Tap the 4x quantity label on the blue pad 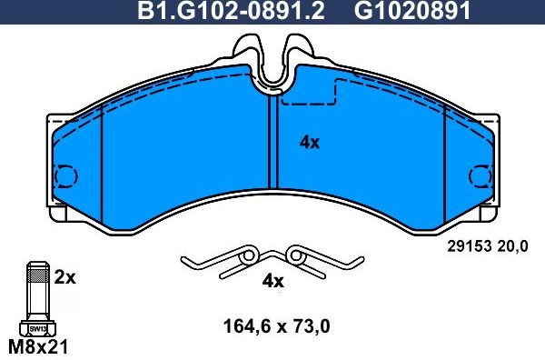coord(310,142)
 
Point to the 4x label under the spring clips coord(272,281)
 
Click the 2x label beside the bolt coord(64,277)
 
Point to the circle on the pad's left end coord(65,176)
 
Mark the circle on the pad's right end coord(480,176)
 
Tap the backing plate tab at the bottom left coord(56,216)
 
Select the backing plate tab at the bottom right coord(489,216)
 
